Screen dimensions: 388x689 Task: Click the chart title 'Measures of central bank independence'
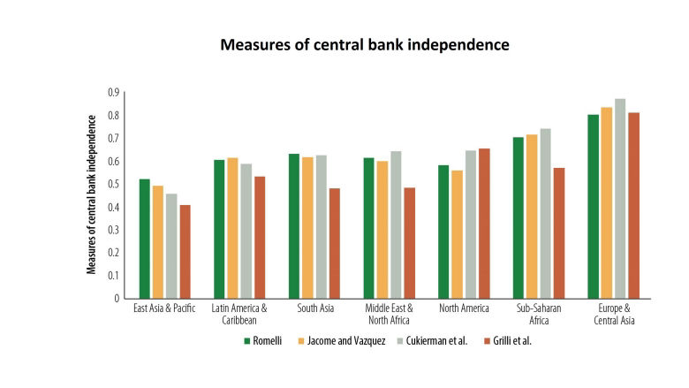coord(365,45)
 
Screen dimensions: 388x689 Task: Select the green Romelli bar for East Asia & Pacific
coord(145,239)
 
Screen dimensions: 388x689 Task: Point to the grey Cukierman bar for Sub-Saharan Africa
coord(546,214)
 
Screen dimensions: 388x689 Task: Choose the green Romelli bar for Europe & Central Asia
coord(594,207)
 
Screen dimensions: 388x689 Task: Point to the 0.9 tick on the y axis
coord(113,93)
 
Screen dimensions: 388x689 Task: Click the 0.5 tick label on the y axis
coord(113,184)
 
